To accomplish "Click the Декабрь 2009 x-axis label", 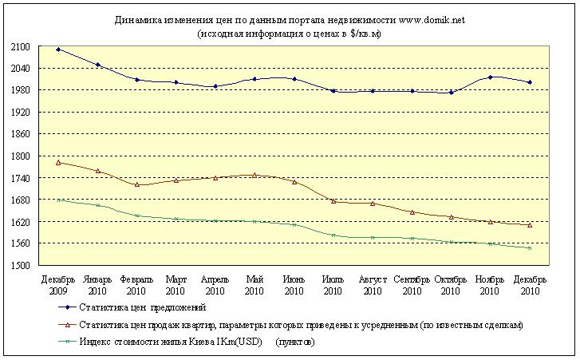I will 58,285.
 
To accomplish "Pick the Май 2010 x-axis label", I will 254,285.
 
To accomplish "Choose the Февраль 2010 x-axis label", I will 137,285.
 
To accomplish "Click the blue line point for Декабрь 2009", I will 59,49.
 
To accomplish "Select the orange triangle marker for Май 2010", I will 254,175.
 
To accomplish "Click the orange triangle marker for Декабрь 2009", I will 59,162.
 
